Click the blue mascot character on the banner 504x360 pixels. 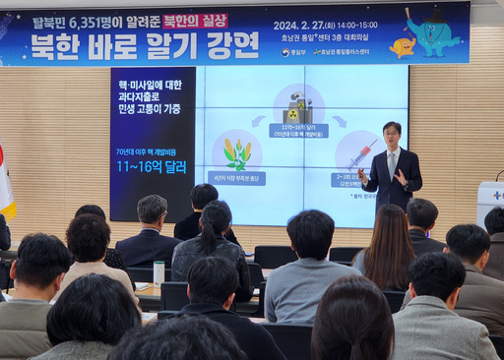(432, 34)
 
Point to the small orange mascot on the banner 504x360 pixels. (401, 46)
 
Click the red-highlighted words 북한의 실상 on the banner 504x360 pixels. (195, 21)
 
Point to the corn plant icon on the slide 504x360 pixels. (236, 152)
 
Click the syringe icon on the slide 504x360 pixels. (359, 154)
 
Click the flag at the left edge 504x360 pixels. (6, 183)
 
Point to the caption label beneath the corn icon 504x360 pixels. (236, 179)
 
